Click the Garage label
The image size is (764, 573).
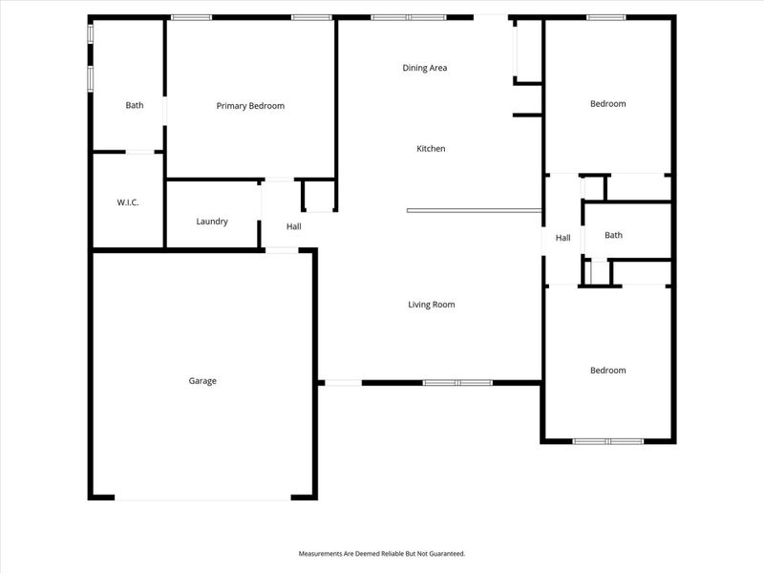[x=202, y=381]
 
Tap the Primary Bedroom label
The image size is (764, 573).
[x=250, y=106]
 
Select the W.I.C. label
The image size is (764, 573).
[x=128, y=202]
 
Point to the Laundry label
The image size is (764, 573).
[x=212, y=222]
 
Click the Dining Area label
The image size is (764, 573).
[x=425, y=68]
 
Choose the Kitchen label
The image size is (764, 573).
[x=431, y=149]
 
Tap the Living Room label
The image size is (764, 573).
[x=432, y=305]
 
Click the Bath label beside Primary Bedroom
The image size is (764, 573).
[x=135, y=106]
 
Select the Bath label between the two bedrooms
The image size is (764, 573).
[x=613, y=235]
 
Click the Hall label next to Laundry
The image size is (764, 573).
[x=294, y=226]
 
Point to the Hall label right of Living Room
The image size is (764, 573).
[x=563, y=238]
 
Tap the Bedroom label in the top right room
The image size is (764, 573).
[x=608, y=104]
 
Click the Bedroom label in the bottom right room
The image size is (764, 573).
[x=608, y=371]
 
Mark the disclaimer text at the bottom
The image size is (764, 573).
[x=382, y=554]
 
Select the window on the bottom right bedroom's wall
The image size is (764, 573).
[x=608, y=441]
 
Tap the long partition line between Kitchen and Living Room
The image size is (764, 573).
[x=474, y=211]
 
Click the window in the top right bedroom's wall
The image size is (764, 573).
[x=606, y=17]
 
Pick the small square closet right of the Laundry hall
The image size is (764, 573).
[x=318, y=196]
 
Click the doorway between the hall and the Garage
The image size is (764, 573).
[x=281, y=250]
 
